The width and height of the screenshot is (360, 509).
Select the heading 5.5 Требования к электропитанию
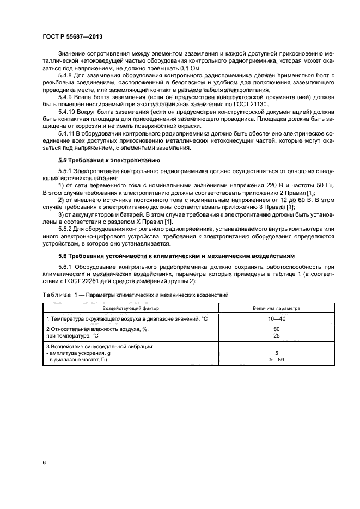click(108, 161)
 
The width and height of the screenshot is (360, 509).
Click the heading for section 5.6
click(176, 256)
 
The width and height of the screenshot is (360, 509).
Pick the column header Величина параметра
click(277, 308)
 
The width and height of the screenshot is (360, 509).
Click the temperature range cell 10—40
click(277, 318)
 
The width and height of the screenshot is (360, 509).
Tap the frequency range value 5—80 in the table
click(277, 360)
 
